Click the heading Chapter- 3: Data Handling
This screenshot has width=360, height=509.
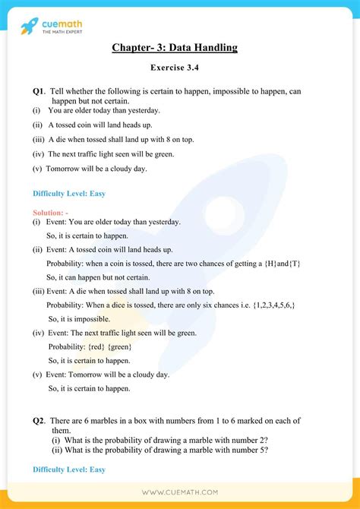point(175,48)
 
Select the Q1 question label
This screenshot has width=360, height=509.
point(39,91)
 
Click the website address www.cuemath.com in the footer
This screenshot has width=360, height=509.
point(180,493)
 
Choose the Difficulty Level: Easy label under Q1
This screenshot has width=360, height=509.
point(68,193)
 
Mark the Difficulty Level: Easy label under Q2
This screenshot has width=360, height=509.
point(68,469)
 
